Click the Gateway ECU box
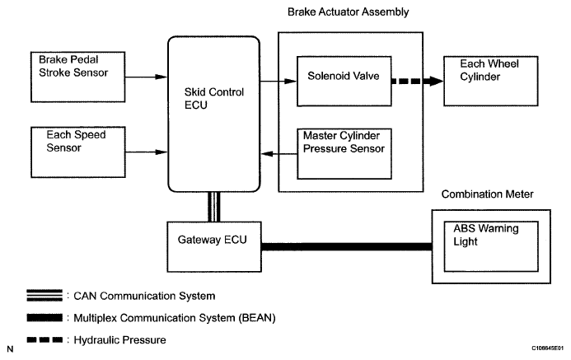point(213,243)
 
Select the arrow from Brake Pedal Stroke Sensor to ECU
point(146,77)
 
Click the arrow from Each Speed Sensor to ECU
point(146,151)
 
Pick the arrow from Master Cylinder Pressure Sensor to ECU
point(276,153)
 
